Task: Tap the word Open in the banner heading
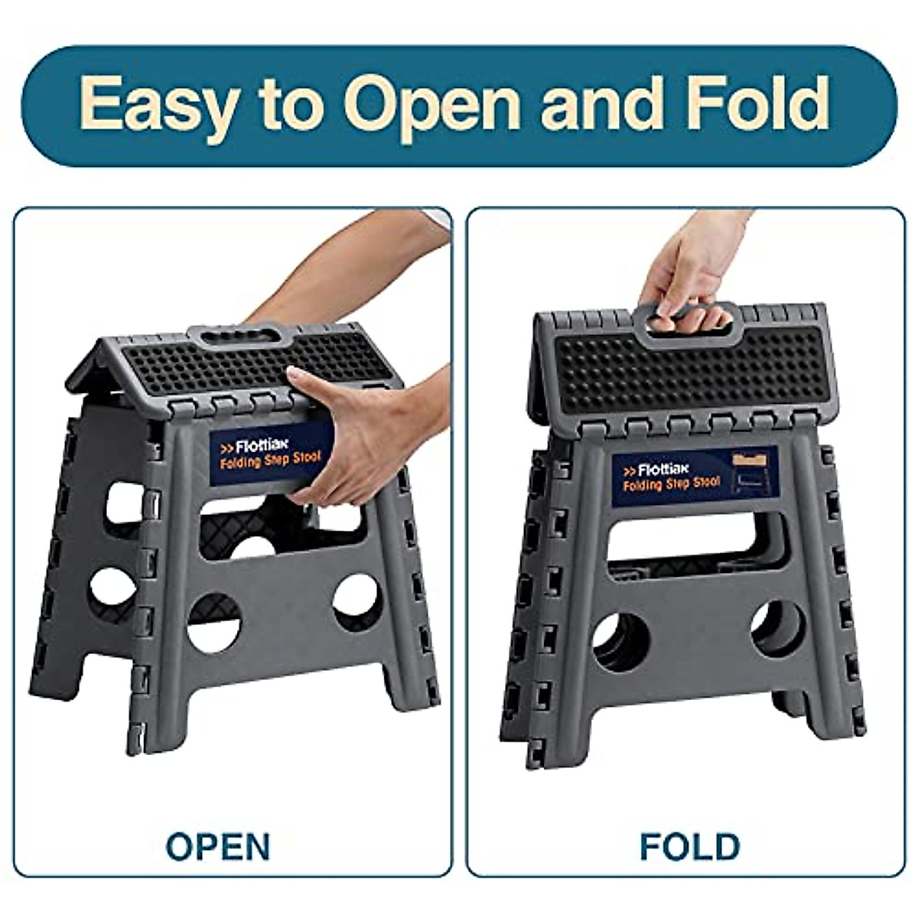[432, 105]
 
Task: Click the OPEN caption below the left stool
[219, 846]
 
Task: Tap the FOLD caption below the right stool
[689, 846]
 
